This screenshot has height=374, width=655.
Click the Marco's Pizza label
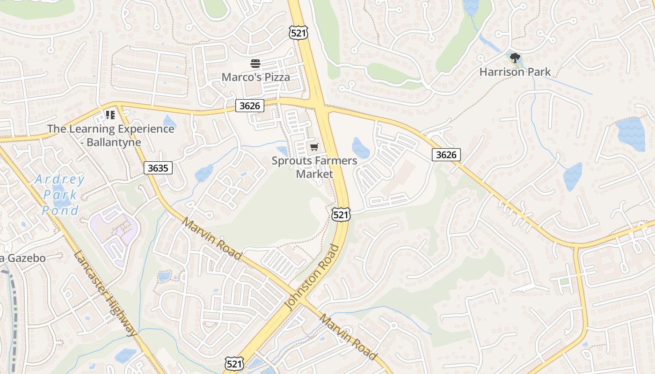(255, 77)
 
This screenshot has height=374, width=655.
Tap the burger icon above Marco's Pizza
(255, 64)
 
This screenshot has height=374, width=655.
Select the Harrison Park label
(515, 72)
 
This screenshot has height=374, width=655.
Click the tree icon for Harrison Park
(515, 58)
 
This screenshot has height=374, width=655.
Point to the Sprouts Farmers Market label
(314, 167)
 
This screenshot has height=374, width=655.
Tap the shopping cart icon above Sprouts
(314, 147)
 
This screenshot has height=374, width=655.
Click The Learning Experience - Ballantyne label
(110, 135)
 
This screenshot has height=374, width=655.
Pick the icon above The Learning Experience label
(110, 115)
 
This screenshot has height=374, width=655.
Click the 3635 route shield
(158, 168)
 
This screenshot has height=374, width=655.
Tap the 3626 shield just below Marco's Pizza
(249, 106)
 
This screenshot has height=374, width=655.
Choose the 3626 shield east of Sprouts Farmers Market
(446, 155)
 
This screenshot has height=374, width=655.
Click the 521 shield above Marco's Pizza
(298, 33)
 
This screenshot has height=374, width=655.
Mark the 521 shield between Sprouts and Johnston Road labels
(340, 215)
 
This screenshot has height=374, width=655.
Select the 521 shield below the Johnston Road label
(233, 364)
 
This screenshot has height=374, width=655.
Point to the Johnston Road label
(312, 277)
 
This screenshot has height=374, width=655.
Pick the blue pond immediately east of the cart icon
(361, 148)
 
